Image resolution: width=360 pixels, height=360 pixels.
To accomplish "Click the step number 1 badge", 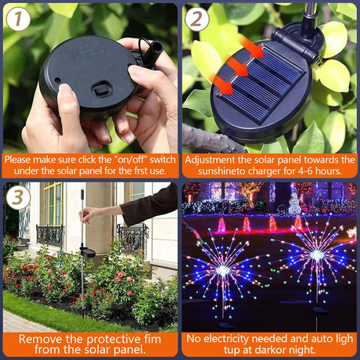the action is [18, 19].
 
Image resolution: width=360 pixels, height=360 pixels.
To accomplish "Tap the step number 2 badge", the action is [197, 19].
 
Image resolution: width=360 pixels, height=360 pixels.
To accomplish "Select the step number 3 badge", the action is [18, 197].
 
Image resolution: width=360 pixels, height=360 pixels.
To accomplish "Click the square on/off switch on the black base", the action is [102, 89].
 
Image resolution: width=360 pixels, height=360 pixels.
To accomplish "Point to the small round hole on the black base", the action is [57, 80].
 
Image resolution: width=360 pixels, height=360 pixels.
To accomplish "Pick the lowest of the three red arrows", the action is [222, 84].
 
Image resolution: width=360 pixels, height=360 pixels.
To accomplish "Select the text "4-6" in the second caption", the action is [304, 171].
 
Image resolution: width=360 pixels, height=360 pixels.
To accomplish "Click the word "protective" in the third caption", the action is [113, 340].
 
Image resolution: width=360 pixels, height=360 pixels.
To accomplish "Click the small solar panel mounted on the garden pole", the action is [88, 252].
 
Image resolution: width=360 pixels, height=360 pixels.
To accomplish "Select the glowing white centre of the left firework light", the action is [222, 271].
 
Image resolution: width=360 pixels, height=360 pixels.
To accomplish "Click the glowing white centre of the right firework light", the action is [316, 255].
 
